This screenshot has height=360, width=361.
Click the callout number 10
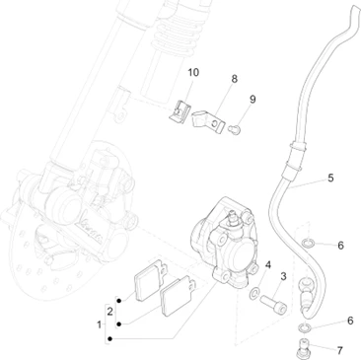coord(193,72)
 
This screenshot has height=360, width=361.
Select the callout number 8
coord(234,79)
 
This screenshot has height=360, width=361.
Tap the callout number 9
coord(253,100)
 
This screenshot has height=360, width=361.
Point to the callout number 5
coord(330,178)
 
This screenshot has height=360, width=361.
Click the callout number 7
coord(339,350)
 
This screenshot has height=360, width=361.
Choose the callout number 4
coord(268,265)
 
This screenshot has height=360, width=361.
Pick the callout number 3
coord(283,276)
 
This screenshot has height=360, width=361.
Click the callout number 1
coord(99,324)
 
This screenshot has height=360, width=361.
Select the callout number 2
coord(110,312)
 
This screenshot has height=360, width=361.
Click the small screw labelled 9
coord(235,129)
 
